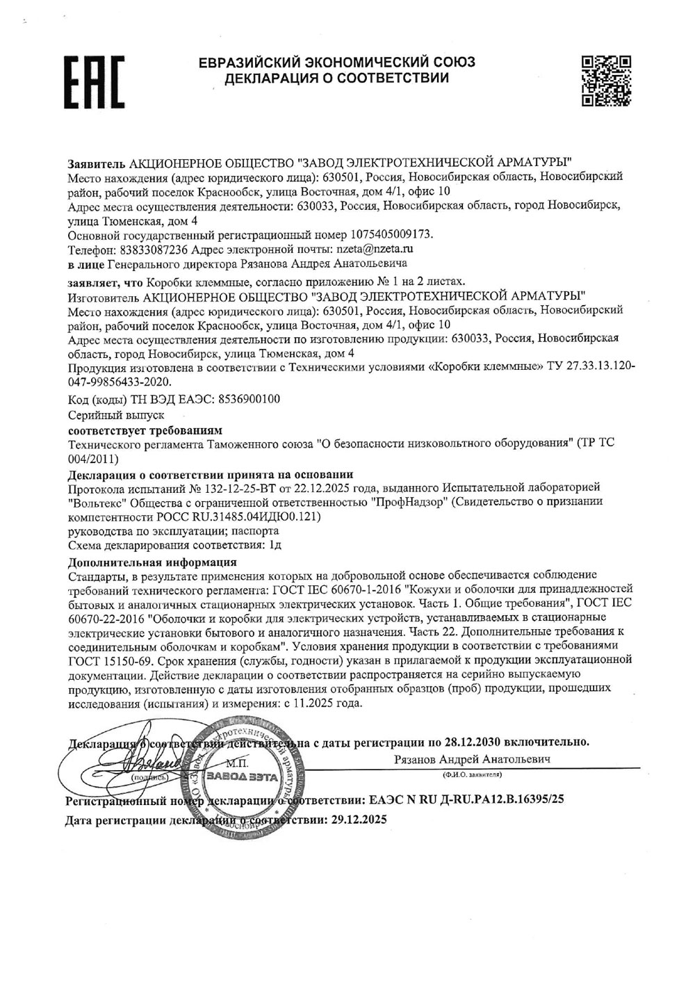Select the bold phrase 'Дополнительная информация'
(x=153, y=562)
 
